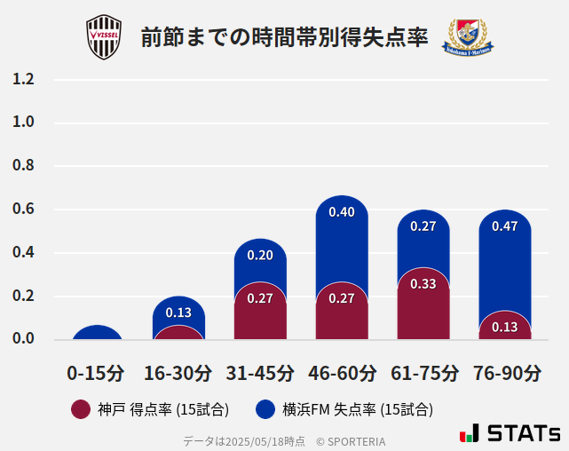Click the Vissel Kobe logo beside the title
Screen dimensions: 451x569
103,37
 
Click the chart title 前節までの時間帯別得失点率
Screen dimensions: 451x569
284,37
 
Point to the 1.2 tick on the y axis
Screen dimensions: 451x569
23,79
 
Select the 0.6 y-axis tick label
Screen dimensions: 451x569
23,210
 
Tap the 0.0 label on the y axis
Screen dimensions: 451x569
23,339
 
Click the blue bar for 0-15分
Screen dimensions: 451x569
97,332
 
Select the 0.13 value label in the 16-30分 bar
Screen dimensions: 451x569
178,313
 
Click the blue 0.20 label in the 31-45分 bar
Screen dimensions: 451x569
260,255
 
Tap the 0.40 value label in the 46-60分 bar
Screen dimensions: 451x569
342,212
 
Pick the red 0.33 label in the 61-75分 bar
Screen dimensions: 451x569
423,284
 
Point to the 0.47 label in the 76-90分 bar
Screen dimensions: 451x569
505,226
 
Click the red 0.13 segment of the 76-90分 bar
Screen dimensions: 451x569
505,327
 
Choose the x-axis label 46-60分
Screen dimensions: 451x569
342,373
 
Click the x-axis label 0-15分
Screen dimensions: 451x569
97,373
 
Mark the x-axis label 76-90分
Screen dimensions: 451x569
506,373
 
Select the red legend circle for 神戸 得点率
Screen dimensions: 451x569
81,409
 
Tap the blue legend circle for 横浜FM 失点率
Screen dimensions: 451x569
265,409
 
